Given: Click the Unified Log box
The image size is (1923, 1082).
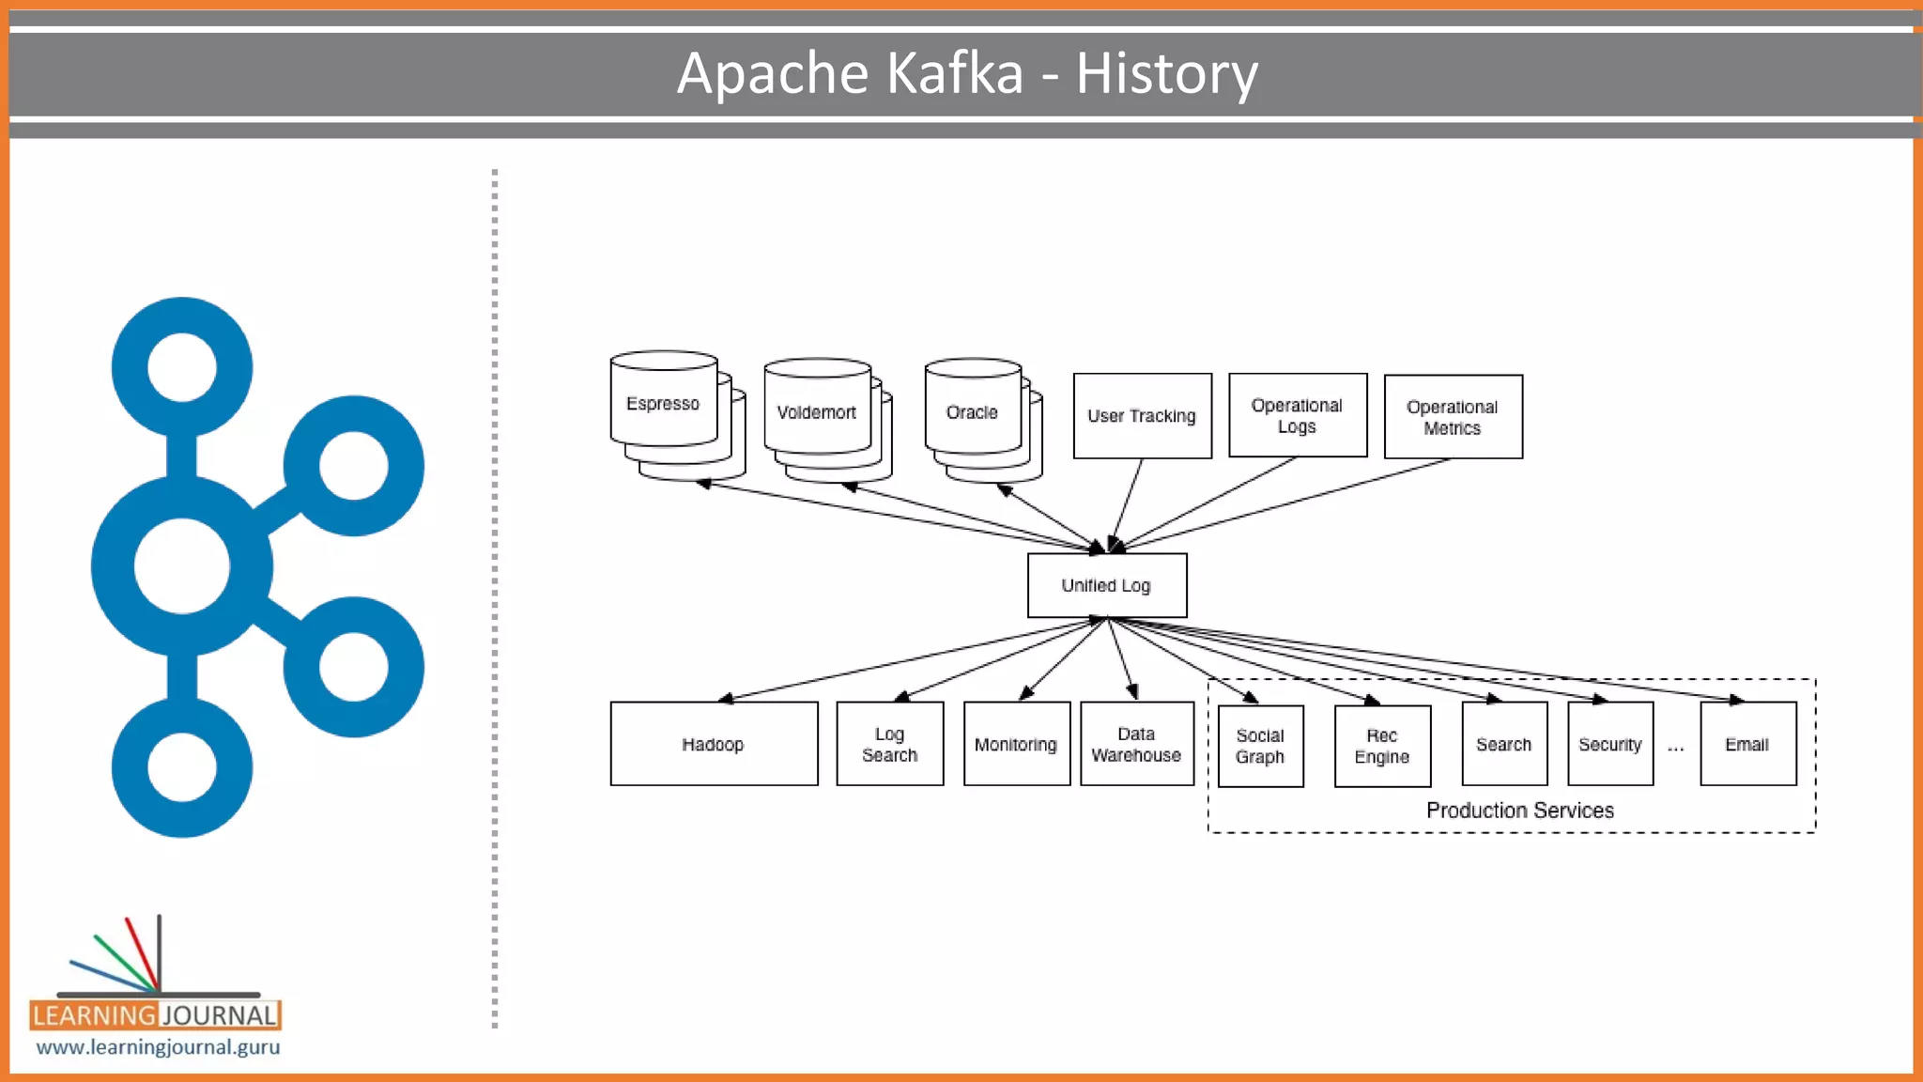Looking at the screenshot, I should (x=1106, y=585).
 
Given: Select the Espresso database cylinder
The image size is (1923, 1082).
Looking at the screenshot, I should (x=664, y=404).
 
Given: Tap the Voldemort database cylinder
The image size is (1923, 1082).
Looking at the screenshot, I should (x=817, y=412).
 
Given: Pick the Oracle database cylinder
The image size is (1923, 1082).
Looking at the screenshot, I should (x=972, y=412).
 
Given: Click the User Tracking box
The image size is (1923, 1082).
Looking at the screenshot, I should (x=1142, y=416).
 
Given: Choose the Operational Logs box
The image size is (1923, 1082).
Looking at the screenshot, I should (x=1297, y=416).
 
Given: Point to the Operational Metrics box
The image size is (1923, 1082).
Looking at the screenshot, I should (x=1453, y=417).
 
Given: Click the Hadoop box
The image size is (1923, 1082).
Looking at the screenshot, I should (x=714, y=744).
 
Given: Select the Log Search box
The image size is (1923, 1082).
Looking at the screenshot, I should (x=889, y=744).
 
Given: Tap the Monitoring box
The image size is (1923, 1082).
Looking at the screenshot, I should (x=1016, y=744).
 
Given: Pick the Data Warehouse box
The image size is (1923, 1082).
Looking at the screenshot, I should (x=1136, y=744).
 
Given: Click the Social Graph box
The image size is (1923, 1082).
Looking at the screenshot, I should (x=1260, y=746).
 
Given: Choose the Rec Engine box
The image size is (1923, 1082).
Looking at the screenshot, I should (x=1382, y=746).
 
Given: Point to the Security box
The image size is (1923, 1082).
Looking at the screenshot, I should (x=1609, y=744).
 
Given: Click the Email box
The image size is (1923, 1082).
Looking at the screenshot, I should (x=1747, y=744).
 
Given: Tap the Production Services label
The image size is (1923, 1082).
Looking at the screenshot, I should (x=1520, y=811).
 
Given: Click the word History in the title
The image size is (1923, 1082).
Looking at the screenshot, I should (x=1166, y=73).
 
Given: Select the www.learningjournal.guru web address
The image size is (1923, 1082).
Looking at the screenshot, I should (x=158, y=1047).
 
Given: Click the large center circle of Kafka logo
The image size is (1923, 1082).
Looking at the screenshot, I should (x=181, y=566).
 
